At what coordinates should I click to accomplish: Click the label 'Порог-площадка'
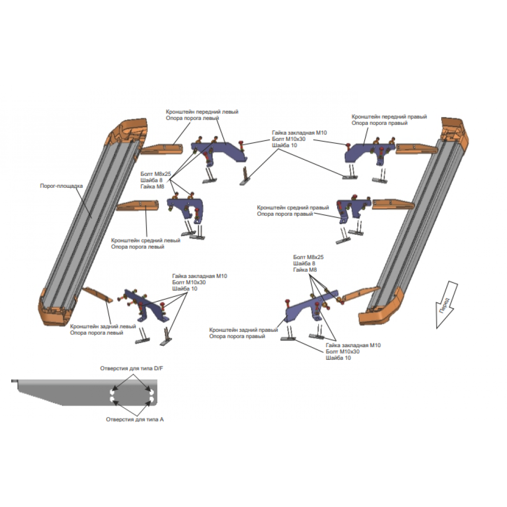[x=61, y=186]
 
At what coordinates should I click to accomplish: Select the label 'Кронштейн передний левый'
[x=202, y=112]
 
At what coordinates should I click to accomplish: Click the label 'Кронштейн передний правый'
[x=389, y=117]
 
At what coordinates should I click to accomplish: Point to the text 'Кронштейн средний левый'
[x=145, y=240]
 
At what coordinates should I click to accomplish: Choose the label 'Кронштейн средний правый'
[x=293, y=208]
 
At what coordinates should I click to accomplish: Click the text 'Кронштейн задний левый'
[x=103, y=326]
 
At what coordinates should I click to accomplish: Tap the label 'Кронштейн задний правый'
[x=243, y=330]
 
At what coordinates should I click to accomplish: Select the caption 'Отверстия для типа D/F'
[x=132, y=368]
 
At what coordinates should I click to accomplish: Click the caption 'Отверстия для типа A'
[x=135, y=420]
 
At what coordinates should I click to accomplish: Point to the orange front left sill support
[x=162, y=149]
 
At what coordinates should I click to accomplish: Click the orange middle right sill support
[x=393, y=204]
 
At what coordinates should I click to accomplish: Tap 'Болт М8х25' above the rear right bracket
[x=308, y=257]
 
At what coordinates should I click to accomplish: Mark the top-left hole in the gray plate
[x=112, y=392]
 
